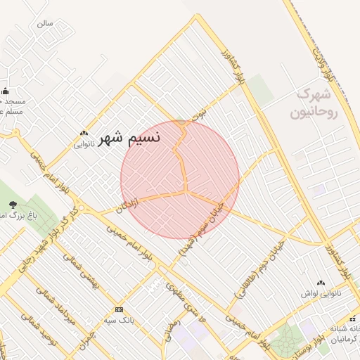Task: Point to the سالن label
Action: pos(45,23)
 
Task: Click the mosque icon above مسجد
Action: pos(5,91)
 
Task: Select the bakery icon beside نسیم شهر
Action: pos(84,133)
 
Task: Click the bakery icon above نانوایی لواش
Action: pos(321,282)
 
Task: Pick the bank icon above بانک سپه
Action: pos(119,310)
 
